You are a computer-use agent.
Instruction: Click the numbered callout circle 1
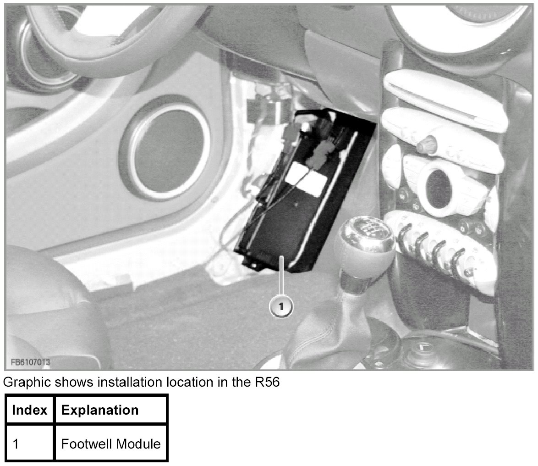[x=281, y=305]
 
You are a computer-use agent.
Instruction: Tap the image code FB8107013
[x=31, y=361]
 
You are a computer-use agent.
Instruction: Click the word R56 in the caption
[x=267, y=382]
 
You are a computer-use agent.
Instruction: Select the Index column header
[x=29, y=410]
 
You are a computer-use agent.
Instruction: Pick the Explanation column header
[x=100, y=410]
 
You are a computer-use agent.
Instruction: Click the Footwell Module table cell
[x=111, y=444]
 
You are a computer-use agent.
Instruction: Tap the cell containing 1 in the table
[x=30, y=444]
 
